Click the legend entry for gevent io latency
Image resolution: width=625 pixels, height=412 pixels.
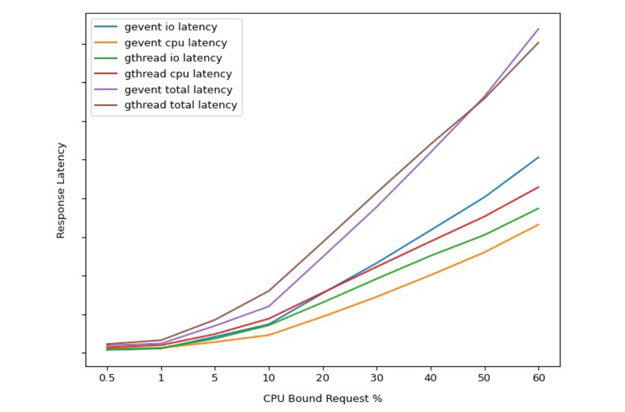click(x=170, y=27)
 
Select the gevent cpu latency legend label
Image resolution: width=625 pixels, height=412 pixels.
click(x=175, y=43)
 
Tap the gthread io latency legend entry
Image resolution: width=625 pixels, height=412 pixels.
click(x=173, y=59)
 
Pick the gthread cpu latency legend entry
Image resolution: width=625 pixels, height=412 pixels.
click(x=178, y=75)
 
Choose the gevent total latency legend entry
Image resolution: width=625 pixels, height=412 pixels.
click(x=178, y=90)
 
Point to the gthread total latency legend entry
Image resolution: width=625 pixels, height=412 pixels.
click(x=180, y=105)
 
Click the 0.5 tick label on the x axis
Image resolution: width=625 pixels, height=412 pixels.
click(x=107, y=378)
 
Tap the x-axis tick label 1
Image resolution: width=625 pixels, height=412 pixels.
click(x=161, y=378)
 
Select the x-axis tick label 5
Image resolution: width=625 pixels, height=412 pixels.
click(x=215, y=378)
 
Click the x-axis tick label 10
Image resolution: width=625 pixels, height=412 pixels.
click(x=268, y=378)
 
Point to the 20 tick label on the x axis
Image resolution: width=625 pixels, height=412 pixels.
click(x=323, y=378)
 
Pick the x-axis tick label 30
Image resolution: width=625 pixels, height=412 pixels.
click(x=377, y=378)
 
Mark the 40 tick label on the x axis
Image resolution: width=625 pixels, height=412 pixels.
click(x=430, y=378)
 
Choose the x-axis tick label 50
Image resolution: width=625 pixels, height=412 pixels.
click(x=485, y=378)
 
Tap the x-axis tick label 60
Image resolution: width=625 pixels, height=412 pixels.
click(x=539, y=378)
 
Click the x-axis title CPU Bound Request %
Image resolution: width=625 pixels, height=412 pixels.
click(x=323, y=399)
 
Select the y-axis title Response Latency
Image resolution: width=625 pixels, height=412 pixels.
click(x=61, y=190)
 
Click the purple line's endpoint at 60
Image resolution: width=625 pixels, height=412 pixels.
click(x=539, y=29)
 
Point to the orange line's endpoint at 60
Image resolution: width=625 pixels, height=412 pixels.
click(x=539, y=224)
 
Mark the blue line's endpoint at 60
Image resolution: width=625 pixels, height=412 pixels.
click(x=539, y=157)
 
